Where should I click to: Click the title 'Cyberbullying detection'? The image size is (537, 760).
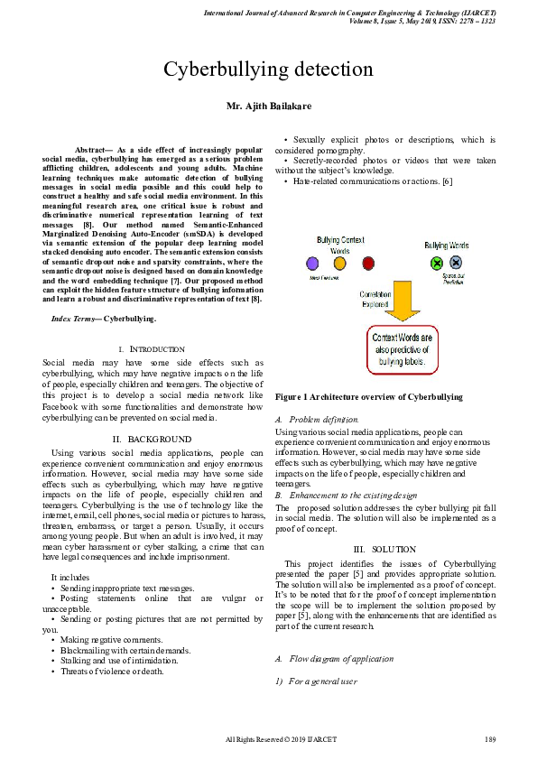tap(268, 70)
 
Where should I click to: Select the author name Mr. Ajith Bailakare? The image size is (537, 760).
tap(268, 107)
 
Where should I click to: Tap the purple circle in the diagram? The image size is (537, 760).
tap(312, 264)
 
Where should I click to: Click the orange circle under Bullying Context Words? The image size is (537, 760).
tap(339, 264)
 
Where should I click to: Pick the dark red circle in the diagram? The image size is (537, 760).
tap(368, 264)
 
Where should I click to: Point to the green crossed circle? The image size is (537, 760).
tap(437, 264)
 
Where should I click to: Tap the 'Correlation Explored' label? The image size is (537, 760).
tap(375, 298)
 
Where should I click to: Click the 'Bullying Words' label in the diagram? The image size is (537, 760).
tap(446, 246)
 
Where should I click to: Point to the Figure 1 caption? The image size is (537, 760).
tap(368, 396)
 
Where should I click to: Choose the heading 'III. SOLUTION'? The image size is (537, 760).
tap(384, 549)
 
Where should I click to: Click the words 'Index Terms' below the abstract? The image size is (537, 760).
tap(76, 319)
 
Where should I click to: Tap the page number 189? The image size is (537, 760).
tap(490, 740)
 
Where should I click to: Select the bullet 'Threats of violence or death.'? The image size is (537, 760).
tap(107, 671)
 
